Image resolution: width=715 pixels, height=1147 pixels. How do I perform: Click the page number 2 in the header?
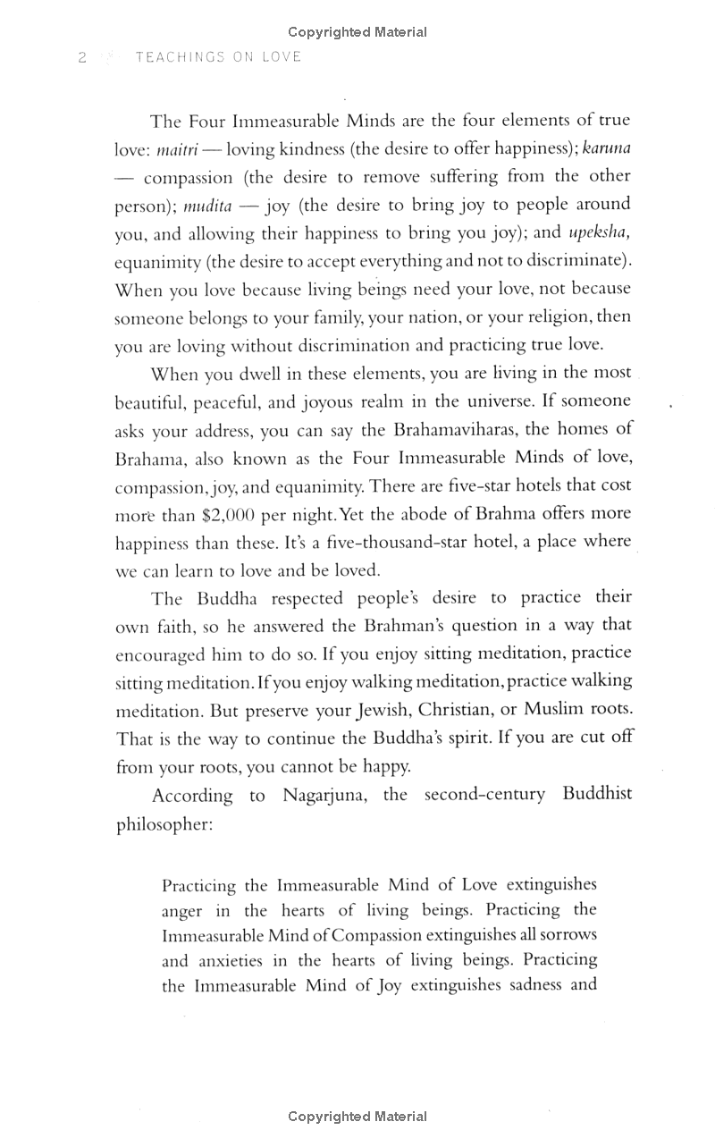point(81,57)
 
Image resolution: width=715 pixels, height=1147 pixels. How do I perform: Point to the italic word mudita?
point(207,206)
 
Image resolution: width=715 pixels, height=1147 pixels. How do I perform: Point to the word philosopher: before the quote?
point(164,823)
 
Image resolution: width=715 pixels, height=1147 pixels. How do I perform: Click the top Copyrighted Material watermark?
point(357,32)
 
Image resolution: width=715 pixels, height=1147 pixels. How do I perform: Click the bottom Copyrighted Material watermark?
point(357,1117)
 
